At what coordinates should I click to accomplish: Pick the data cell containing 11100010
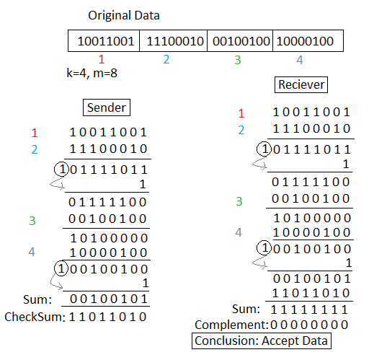click(173, 41)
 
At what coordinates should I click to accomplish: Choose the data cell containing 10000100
click(306, 41)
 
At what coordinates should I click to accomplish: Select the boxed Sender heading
click(107, 108)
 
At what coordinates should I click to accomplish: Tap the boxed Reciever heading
click(301, 85)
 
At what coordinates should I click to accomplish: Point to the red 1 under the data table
click(102, 59)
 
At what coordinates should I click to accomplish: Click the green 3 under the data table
click(237, 59)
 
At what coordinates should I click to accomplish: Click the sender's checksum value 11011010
click(108, 317)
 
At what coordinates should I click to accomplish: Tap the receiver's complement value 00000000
click(312, 325)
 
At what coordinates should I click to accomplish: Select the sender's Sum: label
click(37, 299)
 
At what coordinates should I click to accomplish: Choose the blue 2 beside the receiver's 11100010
click(241, 130)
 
